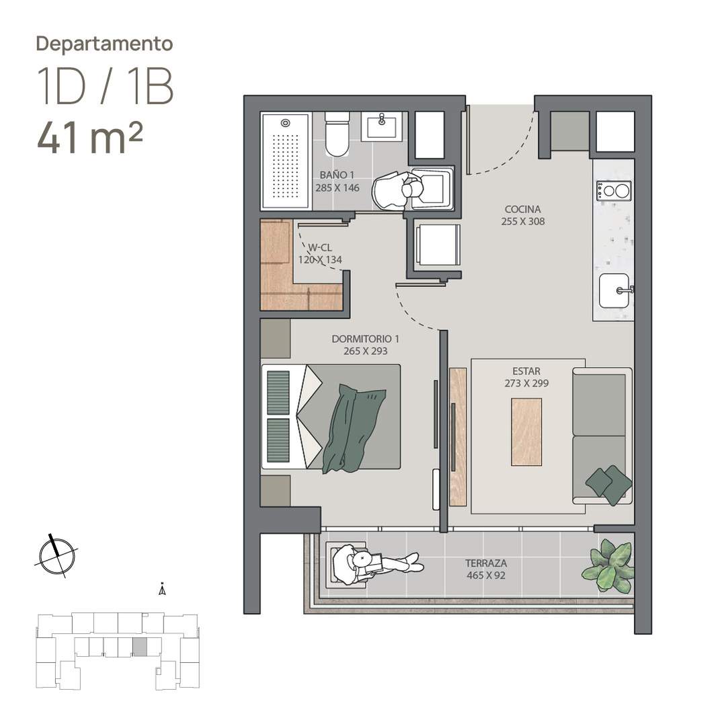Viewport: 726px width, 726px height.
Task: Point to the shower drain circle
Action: point(286,123)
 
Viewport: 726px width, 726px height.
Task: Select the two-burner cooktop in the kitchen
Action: point(614,190)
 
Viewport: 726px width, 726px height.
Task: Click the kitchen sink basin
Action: point(614,291)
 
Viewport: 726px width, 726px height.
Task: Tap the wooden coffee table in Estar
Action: point(526,432)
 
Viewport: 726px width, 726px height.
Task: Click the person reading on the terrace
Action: point(376,563)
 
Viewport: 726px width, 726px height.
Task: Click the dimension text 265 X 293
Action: point(365,351)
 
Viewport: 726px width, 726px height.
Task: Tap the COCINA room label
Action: point(523,209)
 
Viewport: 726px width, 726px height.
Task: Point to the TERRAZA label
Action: point(486,563)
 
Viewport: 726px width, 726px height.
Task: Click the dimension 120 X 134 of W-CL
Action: point(320,259)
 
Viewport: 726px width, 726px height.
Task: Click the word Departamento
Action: point(105,44)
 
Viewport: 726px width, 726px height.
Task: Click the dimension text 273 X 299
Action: point(526,383)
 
